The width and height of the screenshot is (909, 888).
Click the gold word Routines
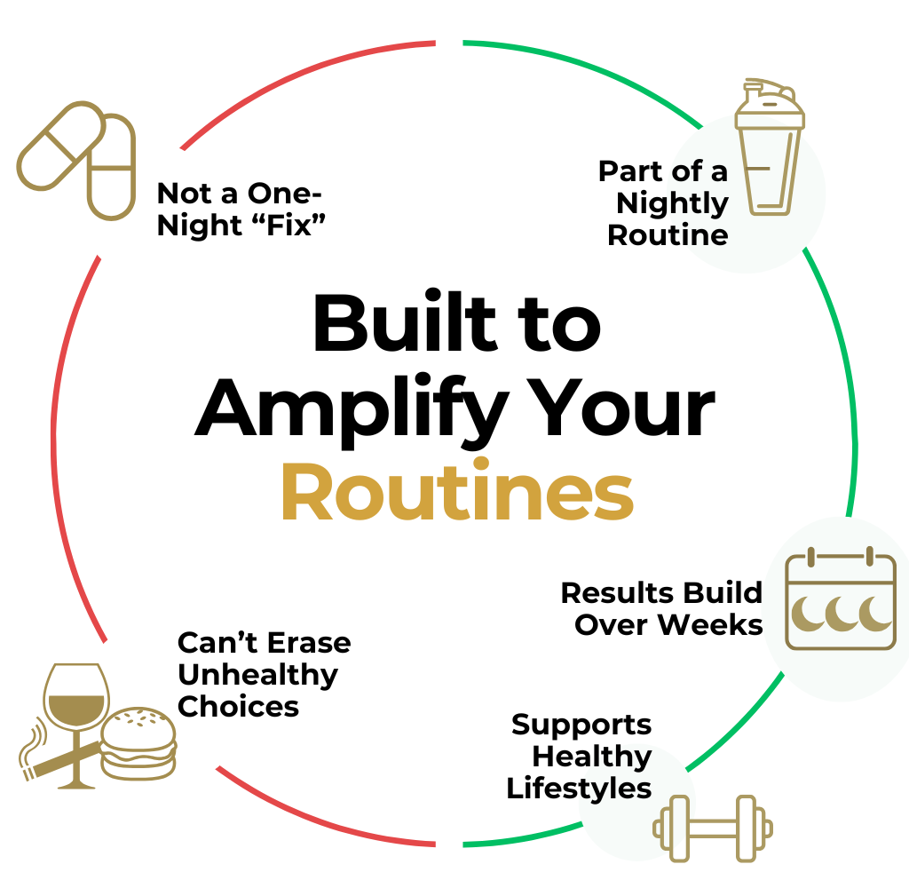click(457, 493)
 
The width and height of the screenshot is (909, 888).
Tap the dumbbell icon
click(713, 829)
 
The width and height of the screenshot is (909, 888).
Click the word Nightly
click(672, 203)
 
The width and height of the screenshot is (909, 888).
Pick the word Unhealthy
click(257, 674)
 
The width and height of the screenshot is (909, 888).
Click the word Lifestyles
click(579, 789)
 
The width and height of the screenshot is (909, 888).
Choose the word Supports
click(581, 725)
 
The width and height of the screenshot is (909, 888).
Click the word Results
click(612, 592)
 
